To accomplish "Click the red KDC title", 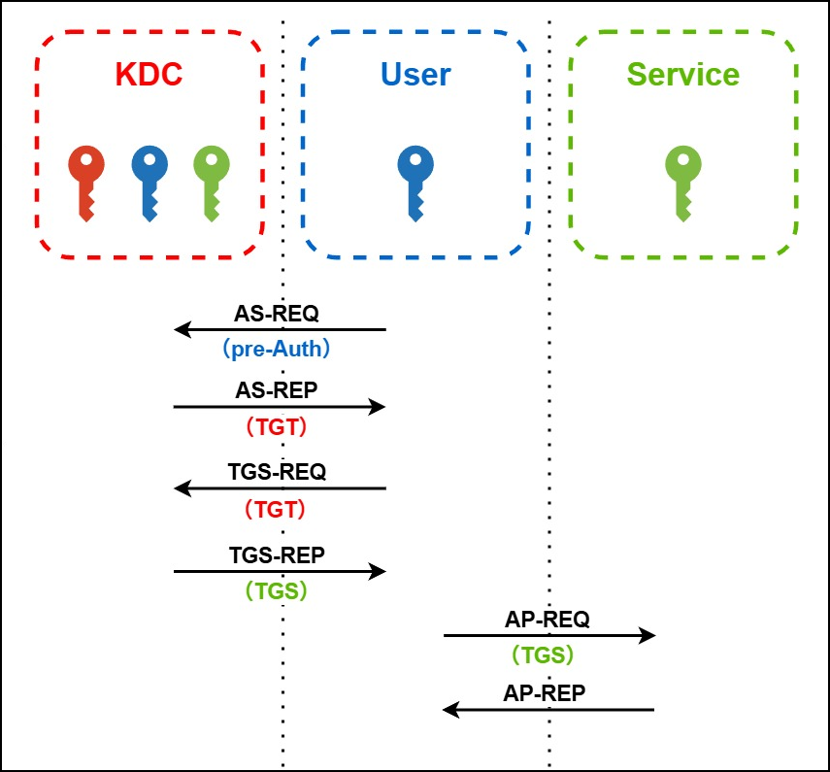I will click(x=149, y=75).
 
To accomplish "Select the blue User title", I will click(x=415, y=75).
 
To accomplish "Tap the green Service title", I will click(x=682, y=75).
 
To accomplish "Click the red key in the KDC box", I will click(x=85, y=181).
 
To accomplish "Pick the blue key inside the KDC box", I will click(x=149, y=181).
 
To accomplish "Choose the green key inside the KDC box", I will click(x=212, y=181).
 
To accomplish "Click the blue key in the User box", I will click(x=415, y=181).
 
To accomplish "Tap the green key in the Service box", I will click(x=682, y=181).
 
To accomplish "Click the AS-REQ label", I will click(x=277, y=314).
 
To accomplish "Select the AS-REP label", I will click(x=277, y=390).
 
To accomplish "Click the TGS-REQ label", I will click(x=277, y=472).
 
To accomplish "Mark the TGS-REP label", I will click(x=277, y=555).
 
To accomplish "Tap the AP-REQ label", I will click(x=548, y=620).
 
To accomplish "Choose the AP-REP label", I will click(x=545, y=692).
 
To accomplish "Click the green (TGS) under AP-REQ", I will click(x=544, y=655).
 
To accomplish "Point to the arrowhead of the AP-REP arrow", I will click(x=449, y=710).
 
